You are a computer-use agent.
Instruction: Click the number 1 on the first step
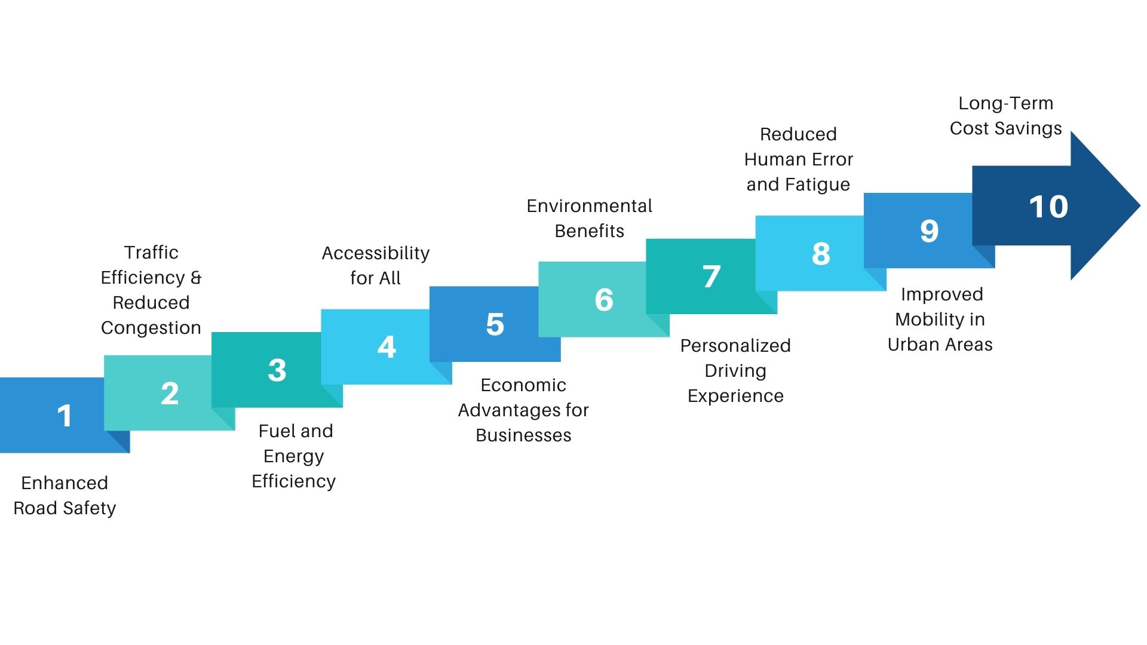coord(65,416)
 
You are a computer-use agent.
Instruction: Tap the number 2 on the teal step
coord(170,394)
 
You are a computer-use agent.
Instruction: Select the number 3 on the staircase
coord(277,370)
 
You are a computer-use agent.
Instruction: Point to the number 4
coord(387,347)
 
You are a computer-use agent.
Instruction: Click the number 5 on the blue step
coord(495,324)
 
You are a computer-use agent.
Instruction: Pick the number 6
coord(604,300)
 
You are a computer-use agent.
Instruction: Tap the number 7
coord(711,277)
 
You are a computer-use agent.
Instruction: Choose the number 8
coord(821,254)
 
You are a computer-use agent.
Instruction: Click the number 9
coord(929,231)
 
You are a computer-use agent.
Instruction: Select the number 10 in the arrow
coord(1048,207)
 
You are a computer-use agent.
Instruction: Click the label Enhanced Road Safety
coord(65,495)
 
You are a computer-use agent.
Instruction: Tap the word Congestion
coord(151,328)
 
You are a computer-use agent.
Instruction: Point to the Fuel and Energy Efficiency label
coord(294,456)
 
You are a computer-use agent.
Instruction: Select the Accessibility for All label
coord(375,265)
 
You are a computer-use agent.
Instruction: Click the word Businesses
coord(523,435)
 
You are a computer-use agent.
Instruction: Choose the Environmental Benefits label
coord(589,218)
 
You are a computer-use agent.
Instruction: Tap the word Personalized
coord(735,346)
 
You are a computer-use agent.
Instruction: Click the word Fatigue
coord(817,185)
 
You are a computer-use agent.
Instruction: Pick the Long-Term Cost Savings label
coord(1005,116)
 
